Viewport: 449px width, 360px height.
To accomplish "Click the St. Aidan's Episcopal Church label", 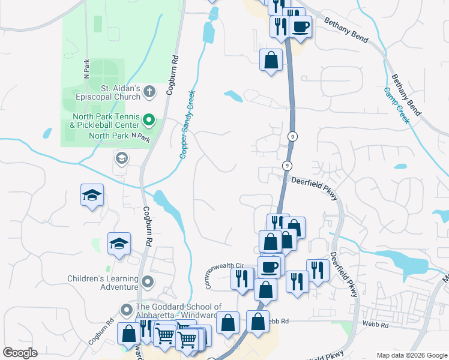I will pos(107,92).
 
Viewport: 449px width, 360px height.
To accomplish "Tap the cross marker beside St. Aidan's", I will pos(150,92).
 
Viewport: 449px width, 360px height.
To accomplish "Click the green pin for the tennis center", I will pos(150,121).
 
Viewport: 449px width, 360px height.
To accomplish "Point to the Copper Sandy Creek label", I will pos(188,125).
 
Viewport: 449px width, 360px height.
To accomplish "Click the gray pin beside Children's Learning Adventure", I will pos(148,281).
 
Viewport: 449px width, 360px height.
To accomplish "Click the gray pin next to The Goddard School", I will pos(126,310).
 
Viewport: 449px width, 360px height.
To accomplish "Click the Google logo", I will pos(20,353).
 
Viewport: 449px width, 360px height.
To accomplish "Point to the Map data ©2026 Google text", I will pos(412,355).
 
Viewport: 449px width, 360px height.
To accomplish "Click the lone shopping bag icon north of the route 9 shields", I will pos(271,60).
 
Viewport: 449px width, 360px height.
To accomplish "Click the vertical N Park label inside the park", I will pos(86,69).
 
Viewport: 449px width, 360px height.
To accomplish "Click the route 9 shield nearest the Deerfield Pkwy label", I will pos(288,165).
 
